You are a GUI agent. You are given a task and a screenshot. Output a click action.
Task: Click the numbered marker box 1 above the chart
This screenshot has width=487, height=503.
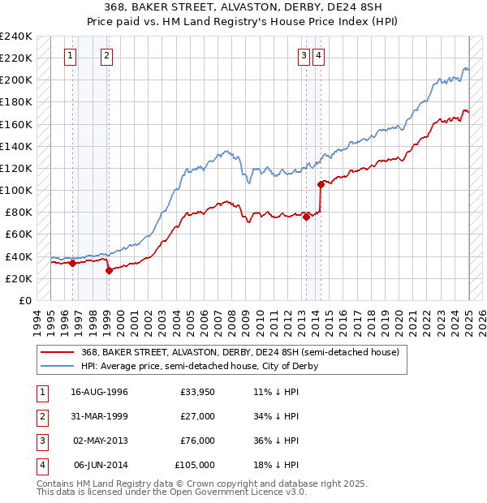coord(71,56)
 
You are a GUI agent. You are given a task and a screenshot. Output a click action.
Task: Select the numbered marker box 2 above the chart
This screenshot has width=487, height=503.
coord(107,56)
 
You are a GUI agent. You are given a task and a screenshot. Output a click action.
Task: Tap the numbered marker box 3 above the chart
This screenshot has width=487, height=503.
coord(304,56)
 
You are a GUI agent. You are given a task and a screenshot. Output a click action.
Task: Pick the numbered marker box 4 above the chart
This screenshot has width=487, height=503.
coord(319,56)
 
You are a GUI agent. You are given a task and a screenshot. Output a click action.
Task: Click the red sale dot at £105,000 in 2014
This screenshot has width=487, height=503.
coord(321,184)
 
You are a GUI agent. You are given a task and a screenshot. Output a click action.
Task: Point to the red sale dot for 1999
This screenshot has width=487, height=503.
coord(109,270)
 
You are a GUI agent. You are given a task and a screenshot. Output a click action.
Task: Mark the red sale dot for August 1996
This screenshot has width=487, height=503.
coord(72,263)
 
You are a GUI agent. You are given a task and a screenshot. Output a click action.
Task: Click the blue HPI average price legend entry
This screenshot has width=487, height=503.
coord(200,366)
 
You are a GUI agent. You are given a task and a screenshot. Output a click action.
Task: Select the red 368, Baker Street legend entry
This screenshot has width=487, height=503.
coord(239,353)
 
